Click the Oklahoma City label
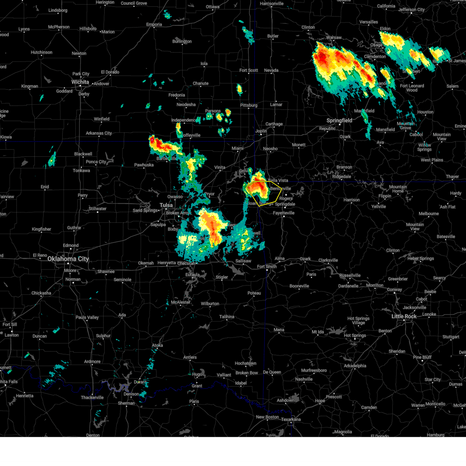[x=68, y=259]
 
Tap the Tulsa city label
[x=166, y=205]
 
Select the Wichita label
[x=80, y=82]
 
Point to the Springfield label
[x=339, y=120]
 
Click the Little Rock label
[x=404, y=316]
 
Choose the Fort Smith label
[x=267, y=267]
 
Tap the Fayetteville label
[x=283, y=213]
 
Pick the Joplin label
[x=261, y=131]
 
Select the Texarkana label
[x=291, y=419]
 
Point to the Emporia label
[x=154, y=24]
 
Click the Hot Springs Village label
[x=358, y=320]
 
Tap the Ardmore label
[x=92, y=362]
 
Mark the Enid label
[x=45, y=187]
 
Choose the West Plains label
[x=432, y=160]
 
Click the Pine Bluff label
[x=422, y=357]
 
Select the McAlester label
[x=181, y=302]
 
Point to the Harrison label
[x=351, y=200]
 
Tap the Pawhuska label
[x=144, y=165]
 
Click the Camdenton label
[x=375, y=57]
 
